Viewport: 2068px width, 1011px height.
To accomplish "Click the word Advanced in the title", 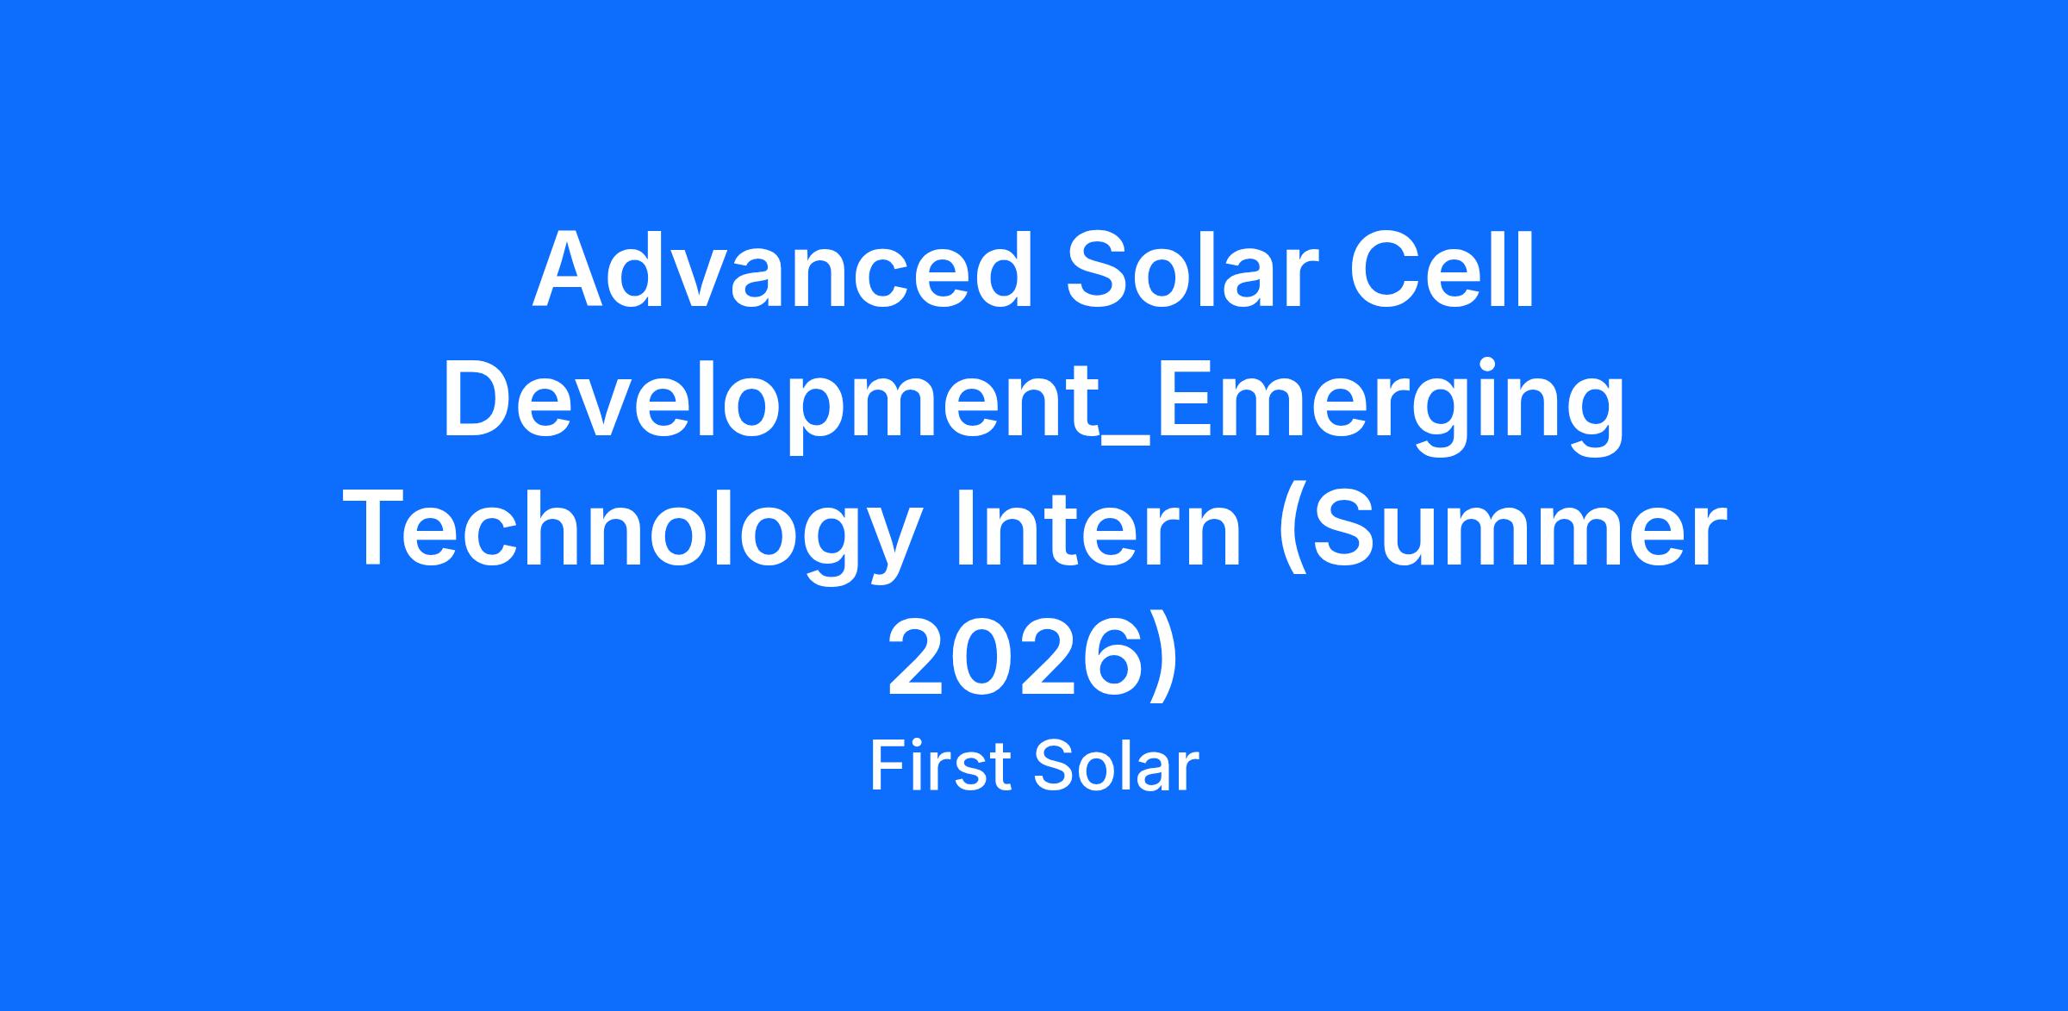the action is point(782,268).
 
